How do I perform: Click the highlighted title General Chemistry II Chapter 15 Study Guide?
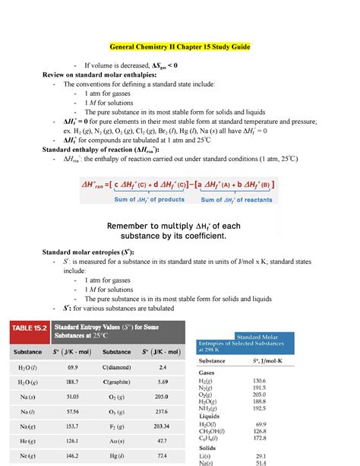pyautogui.click(x=180, y=47)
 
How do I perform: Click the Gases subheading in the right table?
pyautogui.click(x=207, y=374)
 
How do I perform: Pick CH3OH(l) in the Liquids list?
pyautogui.click(x=219, y=430)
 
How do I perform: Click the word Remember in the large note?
pyautogui.click(x=136, y=226)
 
